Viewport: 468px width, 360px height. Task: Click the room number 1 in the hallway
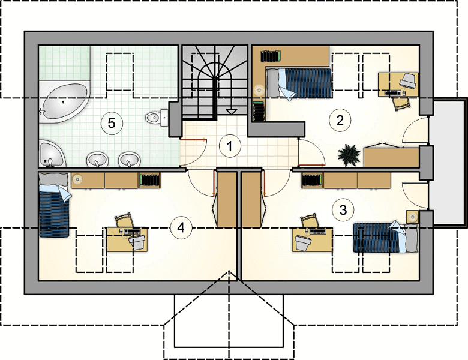(x=230, y=146)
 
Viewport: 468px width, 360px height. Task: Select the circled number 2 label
(x=340, y=120)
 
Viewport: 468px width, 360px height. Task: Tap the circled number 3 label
(x=343, y=210)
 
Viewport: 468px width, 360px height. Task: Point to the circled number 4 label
(x=181, y=228)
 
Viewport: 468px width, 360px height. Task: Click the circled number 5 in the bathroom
(x=112, y=122)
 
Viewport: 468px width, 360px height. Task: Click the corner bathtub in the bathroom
(x=64, y=102)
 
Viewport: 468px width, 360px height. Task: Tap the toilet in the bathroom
(x=157, y=118)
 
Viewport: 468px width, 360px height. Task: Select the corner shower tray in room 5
(x=52, y=153)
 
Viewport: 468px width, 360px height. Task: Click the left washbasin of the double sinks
(x=97, y=160)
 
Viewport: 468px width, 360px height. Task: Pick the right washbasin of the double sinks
(x=129, y=160)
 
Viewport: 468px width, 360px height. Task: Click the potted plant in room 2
(x=349, y=155)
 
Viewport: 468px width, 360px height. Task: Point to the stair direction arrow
(x=231, y=112)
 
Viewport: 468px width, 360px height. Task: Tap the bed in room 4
(x=55, y=205)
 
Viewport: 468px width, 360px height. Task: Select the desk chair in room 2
(x=401, y=103)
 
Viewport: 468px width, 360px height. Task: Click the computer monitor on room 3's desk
(x=304, y=241)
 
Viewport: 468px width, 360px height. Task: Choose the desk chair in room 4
(x=125, y=220)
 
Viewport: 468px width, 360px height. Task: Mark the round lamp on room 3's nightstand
(x=413, y=217)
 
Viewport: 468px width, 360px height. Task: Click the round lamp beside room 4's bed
(x=77, y=179)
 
